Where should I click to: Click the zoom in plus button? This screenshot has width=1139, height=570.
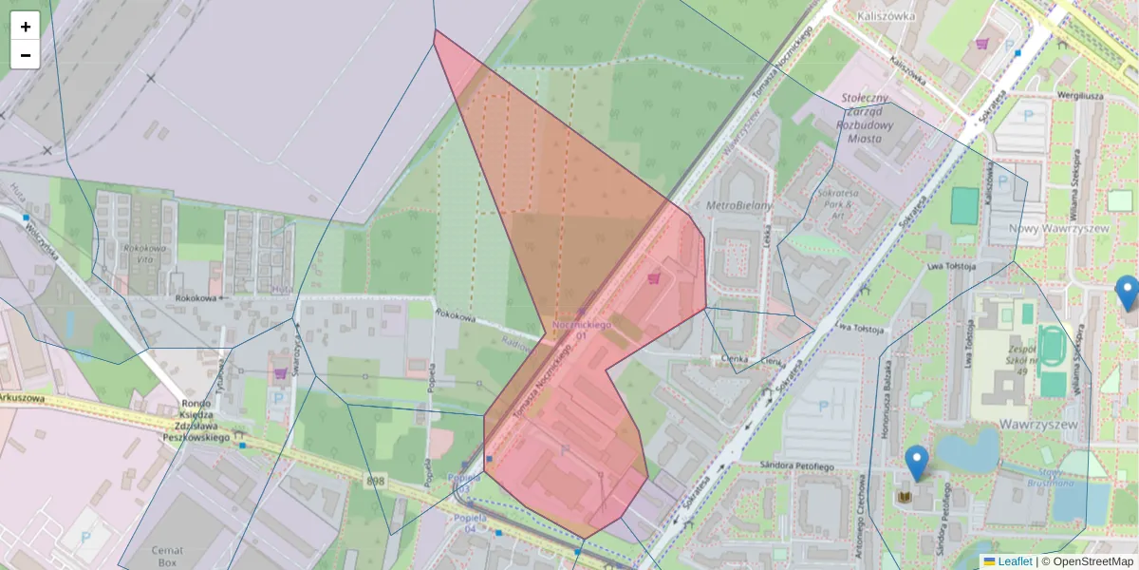pyautogui.click(x=26, y=27)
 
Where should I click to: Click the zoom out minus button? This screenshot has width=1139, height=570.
pyautogui.click(x=26, y=55)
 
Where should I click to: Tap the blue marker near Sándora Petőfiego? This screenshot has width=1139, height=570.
pyautogui.click(x=916, y=463)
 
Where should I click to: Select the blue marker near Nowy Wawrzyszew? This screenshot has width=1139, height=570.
pyautogui.click(x=1127, y=293)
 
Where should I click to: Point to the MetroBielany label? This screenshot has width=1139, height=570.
pyautogui.click(x=739, y=205)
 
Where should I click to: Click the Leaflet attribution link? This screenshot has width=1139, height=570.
pyautogui.click(x=1015, y=561)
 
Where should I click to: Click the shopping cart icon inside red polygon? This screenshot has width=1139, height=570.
pyautogui.click(x=653, y=278)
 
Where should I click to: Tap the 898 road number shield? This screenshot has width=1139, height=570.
pyautogui.click(x=376, y=482)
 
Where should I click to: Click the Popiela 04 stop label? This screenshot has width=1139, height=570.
pyautogui.click(x=471, y=522)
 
